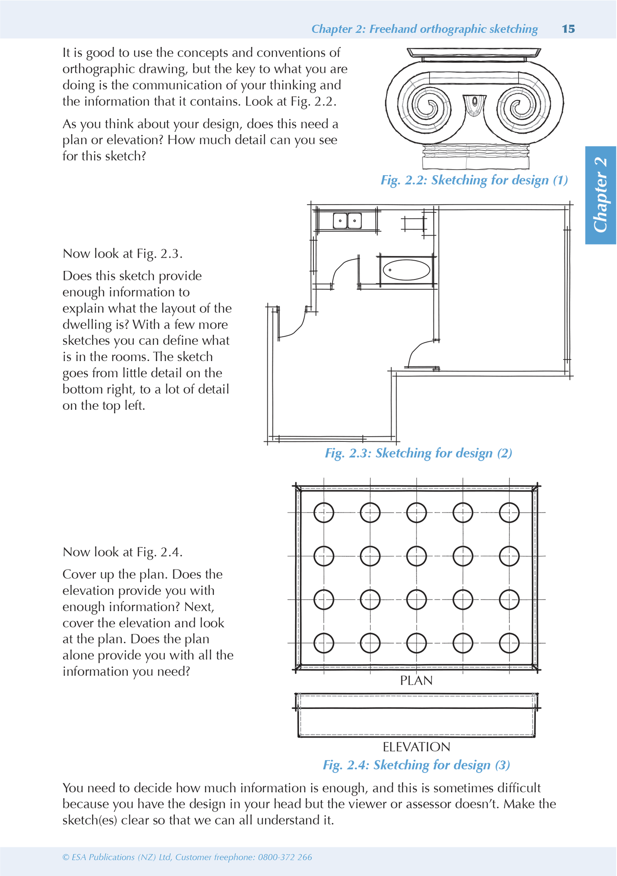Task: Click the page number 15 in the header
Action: click(x=568, y=29)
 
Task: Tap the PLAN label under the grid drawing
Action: click(x=416, y=681)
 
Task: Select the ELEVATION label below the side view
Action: click(x=416, y=747)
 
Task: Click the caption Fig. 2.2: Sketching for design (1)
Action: click(x=474, y=180)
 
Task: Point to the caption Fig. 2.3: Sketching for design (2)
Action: click(x=418, y=453)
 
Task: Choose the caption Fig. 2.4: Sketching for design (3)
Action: click(x=416, y=765)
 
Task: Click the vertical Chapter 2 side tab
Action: click(x=601, y=195)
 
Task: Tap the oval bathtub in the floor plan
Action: click(x=406, y=270)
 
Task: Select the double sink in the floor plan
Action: click(x=347, y=221)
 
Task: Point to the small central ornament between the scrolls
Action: click(x=474, y=104)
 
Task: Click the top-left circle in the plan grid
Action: click(x=324, y=512)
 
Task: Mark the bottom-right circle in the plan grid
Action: click(x=509, y=643)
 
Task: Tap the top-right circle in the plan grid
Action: click(x=509, y=512)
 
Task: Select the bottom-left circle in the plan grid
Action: click(x=324, y=643)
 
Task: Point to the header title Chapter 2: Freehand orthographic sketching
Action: click(x=424, y=29)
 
